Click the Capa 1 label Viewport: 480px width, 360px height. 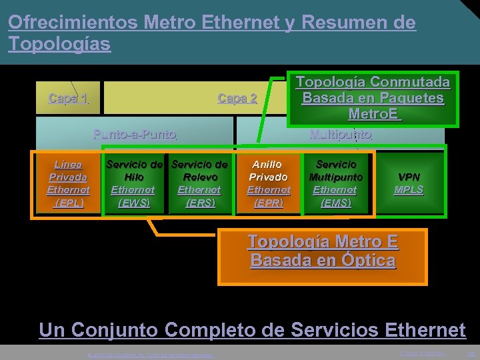tap(68, 99)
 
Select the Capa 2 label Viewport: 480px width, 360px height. tap(237, 99)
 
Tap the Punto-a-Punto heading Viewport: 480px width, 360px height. tap(135, 133)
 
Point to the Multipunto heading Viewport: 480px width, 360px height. tap(341, 133)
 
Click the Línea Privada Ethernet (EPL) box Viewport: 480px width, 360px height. tap(68, 183)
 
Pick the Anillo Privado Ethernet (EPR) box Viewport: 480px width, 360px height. tap(269, 183)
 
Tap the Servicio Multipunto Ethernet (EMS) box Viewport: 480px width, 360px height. tap(336, 183)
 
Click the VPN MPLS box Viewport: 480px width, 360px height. tap(409, 183)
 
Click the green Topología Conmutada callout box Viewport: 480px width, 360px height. tap(373, 97)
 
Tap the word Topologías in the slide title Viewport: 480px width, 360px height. tap(59, 44)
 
